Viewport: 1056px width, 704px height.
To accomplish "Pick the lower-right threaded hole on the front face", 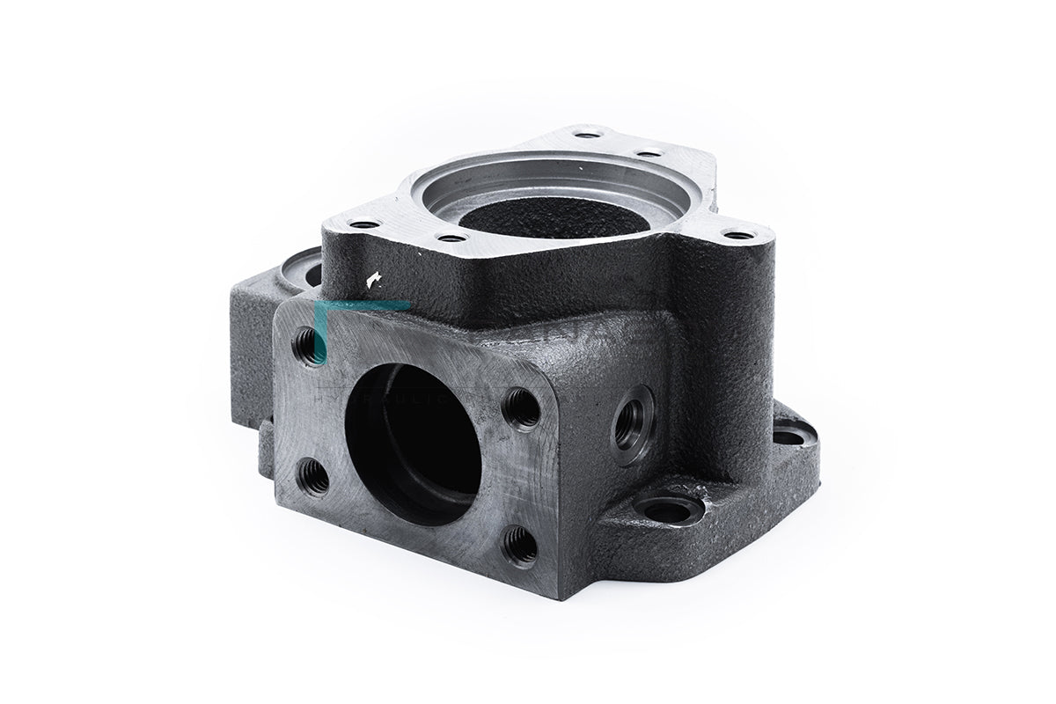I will click(x=521, y=546).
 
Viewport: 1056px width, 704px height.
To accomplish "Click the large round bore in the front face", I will click(x=413, y=444).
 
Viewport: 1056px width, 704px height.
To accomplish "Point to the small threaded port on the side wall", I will click(x=633, y=424).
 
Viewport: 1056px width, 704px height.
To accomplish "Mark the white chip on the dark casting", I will click(x=373, y=279).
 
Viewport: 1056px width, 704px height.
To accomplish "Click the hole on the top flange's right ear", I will click(x=737, y=235).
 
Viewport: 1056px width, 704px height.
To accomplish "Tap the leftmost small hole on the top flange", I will click(x=363, y=224).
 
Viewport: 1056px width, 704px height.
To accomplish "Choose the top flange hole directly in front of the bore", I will click(x=451, y=238).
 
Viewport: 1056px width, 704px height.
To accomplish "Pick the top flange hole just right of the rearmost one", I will click(x=649, y=154).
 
